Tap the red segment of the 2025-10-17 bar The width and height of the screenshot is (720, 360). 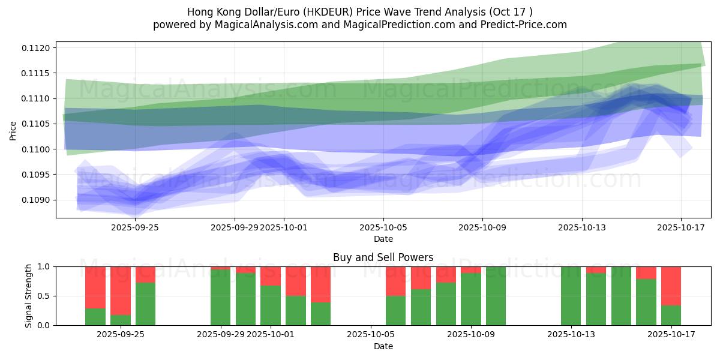pos(671,286)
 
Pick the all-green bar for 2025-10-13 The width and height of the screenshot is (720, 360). pos(571,296)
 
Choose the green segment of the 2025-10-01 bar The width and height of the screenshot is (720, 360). pos(271,305)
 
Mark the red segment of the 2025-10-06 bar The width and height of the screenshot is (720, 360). pos(395,281)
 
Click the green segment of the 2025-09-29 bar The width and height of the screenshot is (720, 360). pos(221,297)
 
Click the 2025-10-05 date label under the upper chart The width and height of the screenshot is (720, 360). pos(383,227)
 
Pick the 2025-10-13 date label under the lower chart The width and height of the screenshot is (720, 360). pos(570,334)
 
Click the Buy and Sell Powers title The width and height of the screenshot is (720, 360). pos(383,257)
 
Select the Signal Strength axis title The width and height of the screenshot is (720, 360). pos(29,296)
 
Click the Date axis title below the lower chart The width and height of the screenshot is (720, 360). pos(383,346)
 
